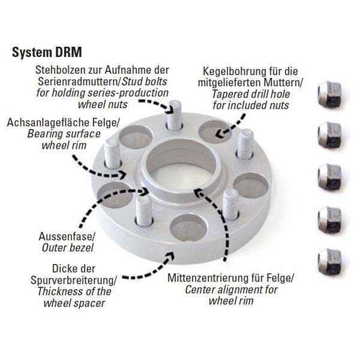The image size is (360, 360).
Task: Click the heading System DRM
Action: click(x=47, y=52)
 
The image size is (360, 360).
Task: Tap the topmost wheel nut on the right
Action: click(x=329, y=94)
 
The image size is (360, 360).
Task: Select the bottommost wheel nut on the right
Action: click(x=329, y=260)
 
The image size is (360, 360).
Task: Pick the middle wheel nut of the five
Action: click(x=329, y=177)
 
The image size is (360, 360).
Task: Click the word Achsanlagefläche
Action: click(x=48, y=122)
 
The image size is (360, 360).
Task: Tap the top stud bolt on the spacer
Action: click(x=174, y=115)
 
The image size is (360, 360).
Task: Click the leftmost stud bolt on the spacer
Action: click(x=112, y=152)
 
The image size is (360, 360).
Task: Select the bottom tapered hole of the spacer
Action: click(x=188, y=227)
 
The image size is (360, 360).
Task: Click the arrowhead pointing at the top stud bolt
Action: click(x=170, y=109)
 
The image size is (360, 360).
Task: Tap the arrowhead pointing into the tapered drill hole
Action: click(x=220, y=133)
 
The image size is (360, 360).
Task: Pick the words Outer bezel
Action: click(x=68, y=248)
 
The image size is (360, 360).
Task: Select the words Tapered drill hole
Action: click(x=251, y=94)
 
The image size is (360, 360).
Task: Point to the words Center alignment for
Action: click(x=232, y=290)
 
